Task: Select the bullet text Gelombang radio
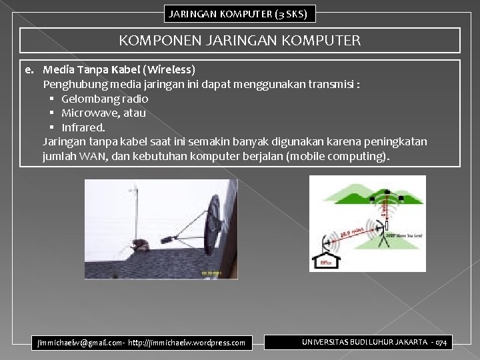[x=105, y=99]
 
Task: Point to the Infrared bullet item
[x=83, y=127]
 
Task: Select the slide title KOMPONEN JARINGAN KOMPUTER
[x=239, y=41]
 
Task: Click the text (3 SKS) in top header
[x=287, y=13]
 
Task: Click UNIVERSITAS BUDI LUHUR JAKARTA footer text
[x=365, y=342]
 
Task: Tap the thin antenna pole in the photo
[x=136, y=213]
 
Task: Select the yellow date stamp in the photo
[x=212, y=273]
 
